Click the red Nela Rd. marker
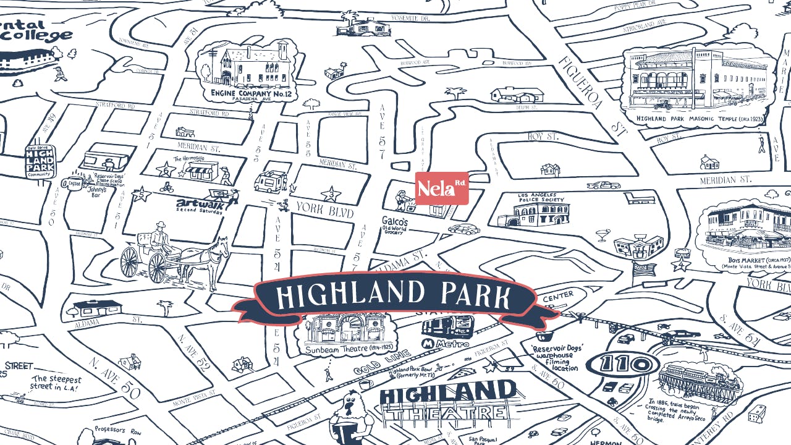point(441,188)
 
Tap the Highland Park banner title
point(394,295)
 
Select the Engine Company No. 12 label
point(251,93)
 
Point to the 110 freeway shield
point(622,364)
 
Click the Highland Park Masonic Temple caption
point(692,119)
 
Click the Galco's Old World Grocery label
point(394,225)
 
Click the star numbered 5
point(142,195)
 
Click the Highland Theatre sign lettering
point(448,400)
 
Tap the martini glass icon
point(602,235)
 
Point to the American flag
point(643,269)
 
